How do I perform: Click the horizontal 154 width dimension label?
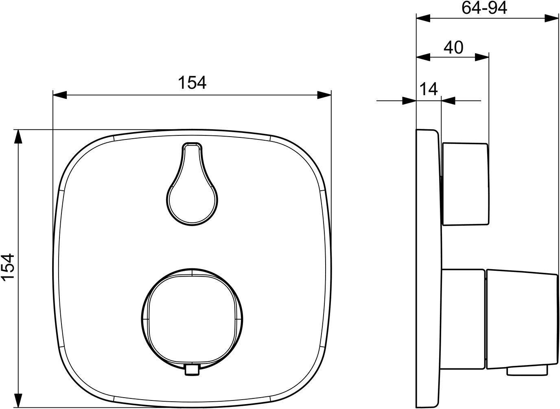(x=192, y=83)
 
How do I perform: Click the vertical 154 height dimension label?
(x=8, y=268)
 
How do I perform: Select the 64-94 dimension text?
(x=484, y=8)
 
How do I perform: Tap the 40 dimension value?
(x=453, y=48)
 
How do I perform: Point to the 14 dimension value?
(x=429, y=89)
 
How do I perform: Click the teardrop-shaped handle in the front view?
(x=192, y=184)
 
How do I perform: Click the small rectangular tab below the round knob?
(x=192, y=373)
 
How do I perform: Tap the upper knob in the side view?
(x=466, y=184)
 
